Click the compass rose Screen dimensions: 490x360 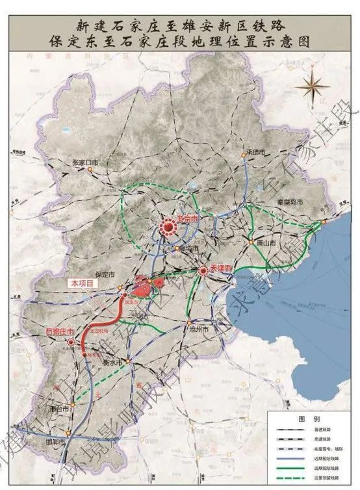tap(311, 84)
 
